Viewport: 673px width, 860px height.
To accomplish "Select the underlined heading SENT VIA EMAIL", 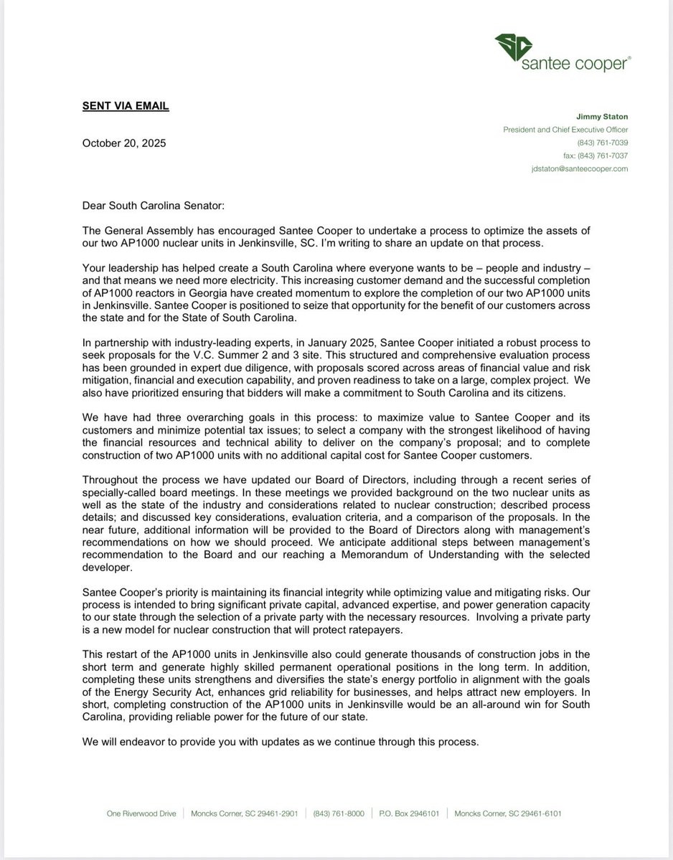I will click(x=126, y=106).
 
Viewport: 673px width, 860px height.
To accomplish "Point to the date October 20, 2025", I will click(x=124, y=143).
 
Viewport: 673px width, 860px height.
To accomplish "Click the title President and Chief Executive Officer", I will click(x=565, y=130).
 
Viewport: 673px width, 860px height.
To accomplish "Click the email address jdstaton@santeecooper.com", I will click(x=580, y=168).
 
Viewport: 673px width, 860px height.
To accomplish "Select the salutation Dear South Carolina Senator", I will click(x=153, y=206).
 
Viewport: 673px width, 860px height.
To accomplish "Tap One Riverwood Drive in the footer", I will click(x=141, y=813).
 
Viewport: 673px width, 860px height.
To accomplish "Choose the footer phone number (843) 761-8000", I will click(x=339, y=813).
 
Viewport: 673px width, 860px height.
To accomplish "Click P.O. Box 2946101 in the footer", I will click(x=409, y=813).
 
